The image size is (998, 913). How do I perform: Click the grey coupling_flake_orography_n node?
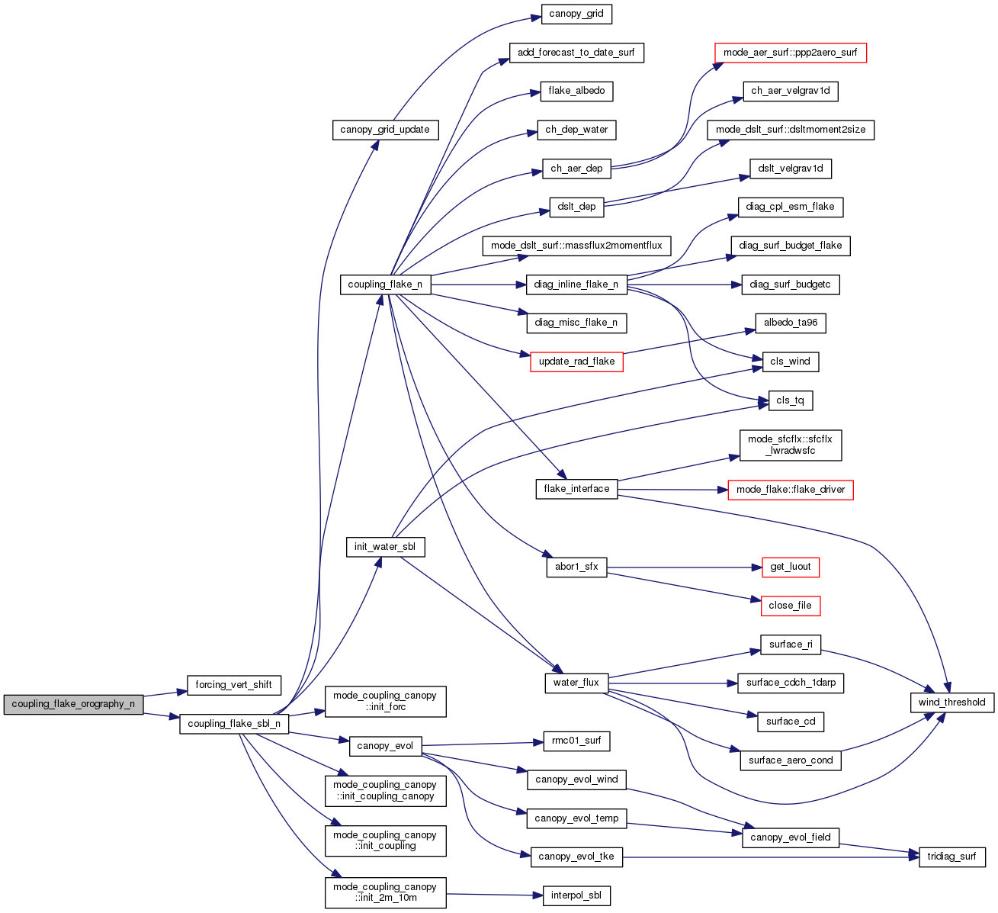(x=73, y=704)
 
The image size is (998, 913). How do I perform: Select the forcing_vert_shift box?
(x=233, y=685)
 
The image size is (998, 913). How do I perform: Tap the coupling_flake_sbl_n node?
(x=234, y=724)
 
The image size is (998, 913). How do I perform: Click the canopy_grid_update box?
(x=385, y=130)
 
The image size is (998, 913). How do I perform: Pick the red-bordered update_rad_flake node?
(x=576, y=362)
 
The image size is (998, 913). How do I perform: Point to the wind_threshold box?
(x=951, y=702)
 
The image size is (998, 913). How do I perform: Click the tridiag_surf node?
(x=952, y=857)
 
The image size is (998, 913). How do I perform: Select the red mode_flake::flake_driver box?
(x=791, y=490)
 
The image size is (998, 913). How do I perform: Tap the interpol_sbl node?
(x=576, y=895)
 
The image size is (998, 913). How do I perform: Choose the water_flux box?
(x=576, y=683)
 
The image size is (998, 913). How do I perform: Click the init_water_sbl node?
(x=385, y=547)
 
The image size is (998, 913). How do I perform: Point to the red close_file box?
(x=790, y=606)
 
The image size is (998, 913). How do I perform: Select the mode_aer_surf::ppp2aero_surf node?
(x=790, y=53)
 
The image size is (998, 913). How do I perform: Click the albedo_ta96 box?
(x=790, y=323)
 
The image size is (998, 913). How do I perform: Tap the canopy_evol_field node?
(x=791, y=837)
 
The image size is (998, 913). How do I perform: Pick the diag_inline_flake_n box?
(x=576, y=285)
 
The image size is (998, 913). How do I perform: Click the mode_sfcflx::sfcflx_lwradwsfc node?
(x=791, y=445)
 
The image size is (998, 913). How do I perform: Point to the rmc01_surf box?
(x=576, y=741)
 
